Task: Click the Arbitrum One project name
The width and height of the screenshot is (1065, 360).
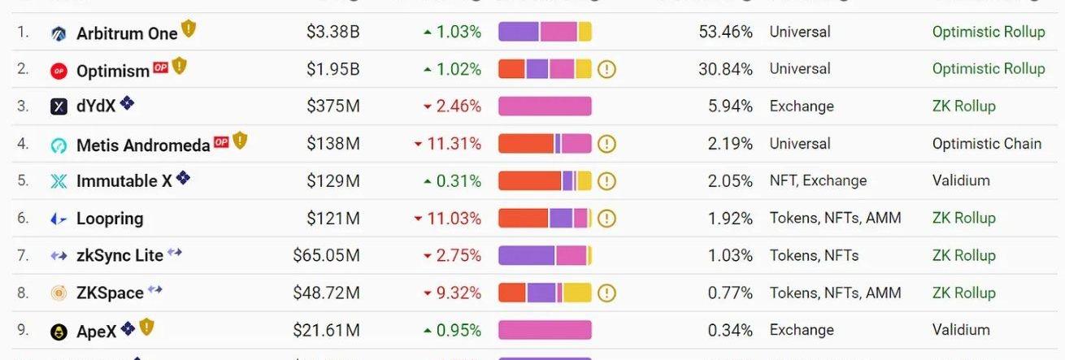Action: click(x=127, y=33)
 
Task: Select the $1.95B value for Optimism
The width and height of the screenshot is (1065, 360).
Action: click(x=333, y=69)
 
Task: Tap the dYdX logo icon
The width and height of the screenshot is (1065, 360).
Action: click(x=59, y=106)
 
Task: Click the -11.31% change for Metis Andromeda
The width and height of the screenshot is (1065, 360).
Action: click(x=448, y=144)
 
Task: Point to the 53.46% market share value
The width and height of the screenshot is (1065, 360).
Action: click(x=725, y=32)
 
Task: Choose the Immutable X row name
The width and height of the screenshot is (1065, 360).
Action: click(x=124, y=181)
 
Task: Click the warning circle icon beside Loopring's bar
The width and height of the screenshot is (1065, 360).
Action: click(x=606, y=219)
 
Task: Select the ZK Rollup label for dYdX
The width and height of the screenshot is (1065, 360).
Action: click(x=963, y=106)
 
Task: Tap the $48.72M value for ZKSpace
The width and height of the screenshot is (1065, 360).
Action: click(x=326, y=293)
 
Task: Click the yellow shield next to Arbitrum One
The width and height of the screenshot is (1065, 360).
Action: click(x=189, y=29)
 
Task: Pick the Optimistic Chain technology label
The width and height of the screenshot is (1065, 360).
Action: click(x=986, y=144)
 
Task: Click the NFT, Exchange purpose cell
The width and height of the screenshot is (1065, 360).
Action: click(x=818, y=181)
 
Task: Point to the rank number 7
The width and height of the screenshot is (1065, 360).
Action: click(x=23, y=255)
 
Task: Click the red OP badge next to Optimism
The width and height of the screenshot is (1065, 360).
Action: click(x=160, y=67)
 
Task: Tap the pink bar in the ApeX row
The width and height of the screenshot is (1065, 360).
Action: click(x=545, y=330)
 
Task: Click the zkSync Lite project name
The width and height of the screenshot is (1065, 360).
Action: click(x=120, y=255)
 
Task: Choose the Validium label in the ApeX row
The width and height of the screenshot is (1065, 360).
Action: click(x=961, y=330)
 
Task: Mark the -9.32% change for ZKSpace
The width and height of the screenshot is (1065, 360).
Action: click(x=452, y=293)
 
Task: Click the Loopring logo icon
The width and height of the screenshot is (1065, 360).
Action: click(x=59, y=219)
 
